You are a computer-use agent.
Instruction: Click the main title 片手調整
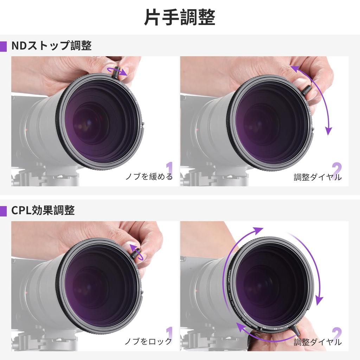tap(180, 17)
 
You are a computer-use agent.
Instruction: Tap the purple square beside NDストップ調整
tap(3, 46)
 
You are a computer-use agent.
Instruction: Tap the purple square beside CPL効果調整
tap(3, 211)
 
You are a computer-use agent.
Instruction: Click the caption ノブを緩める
tap(149, 176)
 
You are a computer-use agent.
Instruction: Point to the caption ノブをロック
tap(148, 341)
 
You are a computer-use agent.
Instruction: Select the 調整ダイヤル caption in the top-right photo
tap(317, 177)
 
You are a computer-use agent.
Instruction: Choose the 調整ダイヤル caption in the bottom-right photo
tap(317, 342)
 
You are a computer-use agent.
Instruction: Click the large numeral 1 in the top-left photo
tap(169, 169)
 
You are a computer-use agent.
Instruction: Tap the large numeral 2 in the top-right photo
tap(336, 169)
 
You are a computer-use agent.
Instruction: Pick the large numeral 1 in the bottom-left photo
tap(169, 334)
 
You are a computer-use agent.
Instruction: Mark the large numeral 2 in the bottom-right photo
tap(336, 334)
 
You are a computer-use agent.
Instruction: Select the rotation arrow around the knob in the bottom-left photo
tap(136, 252)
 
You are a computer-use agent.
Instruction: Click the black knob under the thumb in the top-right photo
tap(306, 90)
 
